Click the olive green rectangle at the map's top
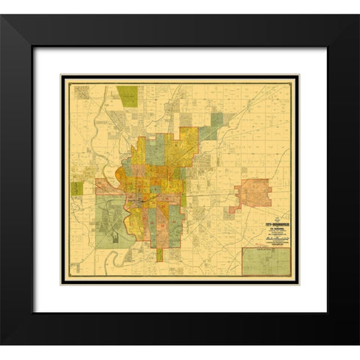127,96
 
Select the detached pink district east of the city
256,193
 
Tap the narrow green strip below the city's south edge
159,255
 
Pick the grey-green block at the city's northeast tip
217,120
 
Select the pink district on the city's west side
105,186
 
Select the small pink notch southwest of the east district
233,208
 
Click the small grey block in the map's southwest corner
75,266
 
